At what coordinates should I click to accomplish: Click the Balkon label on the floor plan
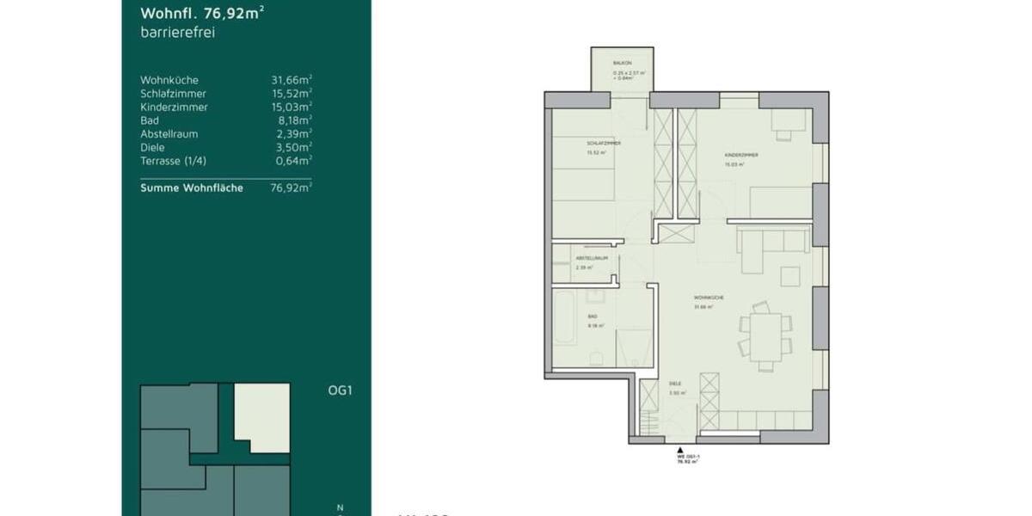pos(623,64)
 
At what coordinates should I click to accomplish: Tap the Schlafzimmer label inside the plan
pos(604,143)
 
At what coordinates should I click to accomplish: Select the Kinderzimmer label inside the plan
pos(740,155)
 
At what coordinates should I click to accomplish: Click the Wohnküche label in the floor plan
pos(709,298)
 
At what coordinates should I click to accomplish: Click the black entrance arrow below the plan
pos(680,450)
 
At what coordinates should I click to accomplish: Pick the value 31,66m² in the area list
pos(292,80)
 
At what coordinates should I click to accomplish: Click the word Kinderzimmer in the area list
pos(174,107)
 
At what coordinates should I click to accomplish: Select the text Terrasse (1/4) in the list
pos(173,161)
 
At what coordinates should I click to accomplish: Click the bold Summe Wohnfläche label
pos(192,187)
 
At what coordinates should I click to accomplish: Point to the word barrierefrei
pos(177,33)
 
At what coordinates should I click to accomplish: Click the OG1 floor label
pos(341,390)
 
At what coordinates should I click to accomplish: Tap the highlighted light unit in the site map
pos(262,417)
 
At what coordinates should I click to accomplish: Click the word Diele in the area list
pos(152,147)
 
